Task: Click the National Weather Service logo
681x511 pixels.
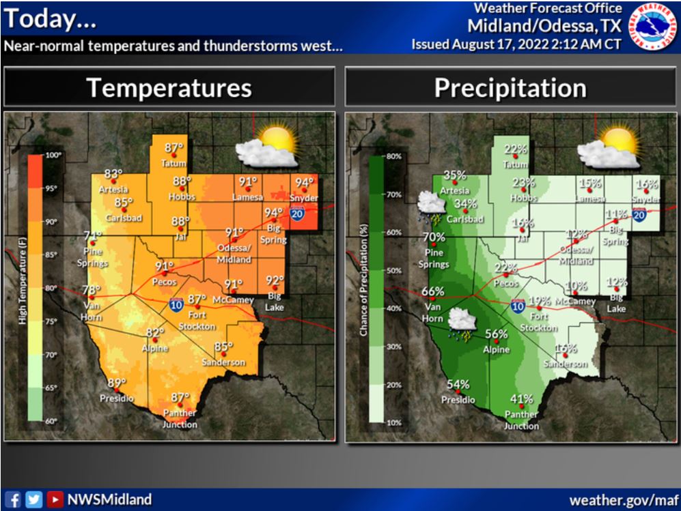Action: click(652, 28)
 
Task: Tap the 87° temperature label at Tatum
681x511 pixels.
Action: click(174, 147)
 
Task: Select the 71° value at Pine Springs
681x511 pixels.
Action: click(92, 236)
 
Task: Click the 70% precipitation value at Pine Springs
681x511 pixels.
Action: click(433, 237)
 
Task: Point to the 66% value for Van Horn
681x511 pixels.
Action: click(432, 291)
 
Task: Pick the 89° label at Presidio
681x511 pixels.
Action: click(116, 383)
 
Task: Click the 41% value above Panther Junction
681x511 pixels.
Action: click(521, 399)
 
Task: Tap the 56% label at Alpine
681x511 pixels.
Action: click(496, 334)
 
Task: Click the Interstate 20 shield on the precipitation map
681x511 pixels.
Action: click(639, 215)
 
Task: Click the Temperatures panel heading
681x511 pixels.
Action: click(169, 87)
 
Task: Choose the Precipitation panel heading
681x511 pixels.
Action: click(510, 87)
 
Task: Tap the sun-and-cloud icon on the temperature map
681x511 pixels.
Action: click(267, 147)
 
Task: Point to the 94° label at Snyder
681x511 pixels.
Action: click(303, 182)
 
